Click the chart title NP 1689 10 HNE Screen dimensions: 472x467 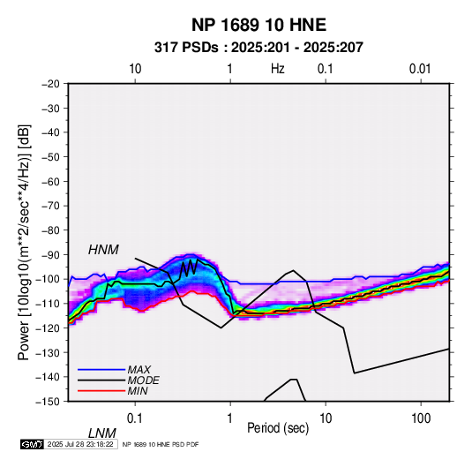tap(258, 25)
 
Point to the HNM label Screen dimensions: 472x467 tap(103, 250)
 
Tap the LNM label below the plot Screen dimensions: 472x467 tap(101, 433)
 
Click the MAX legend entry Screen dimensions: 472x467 tap(139, 370)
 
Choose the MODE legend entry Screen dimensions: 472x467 tap(143, 380)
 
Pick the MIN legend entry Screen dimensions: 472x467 tap(138, 391)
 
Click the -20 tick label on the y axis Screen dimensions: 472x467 tap(51, 84)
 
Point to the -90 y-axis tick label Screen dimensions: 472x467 tap(51, 255)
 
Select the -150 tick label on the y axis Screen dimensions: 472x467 tap(49, 402)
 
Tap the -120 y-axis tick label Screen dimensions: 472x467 tap(49, 328)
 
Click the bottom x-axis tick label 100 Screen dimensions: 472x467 tap(421, 418)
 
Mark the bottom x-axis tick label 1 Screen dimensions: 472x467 tap(230, 418)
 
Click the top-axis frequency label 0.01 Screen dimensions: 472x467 tap(420, 69)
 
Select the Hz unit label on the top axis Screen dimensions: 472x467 tap(278, 69)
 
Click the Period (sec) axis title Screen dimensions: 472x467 tap(278, 428)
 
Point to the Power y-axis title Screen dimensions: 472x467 tap(24, 242)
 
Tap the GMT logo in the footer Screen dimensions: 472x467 tap(32, 444)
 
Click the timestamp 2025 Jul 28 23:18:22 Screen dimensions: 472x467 tap(80, 444)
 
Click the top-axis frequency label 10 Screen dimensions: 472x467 tap(135, 69)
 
